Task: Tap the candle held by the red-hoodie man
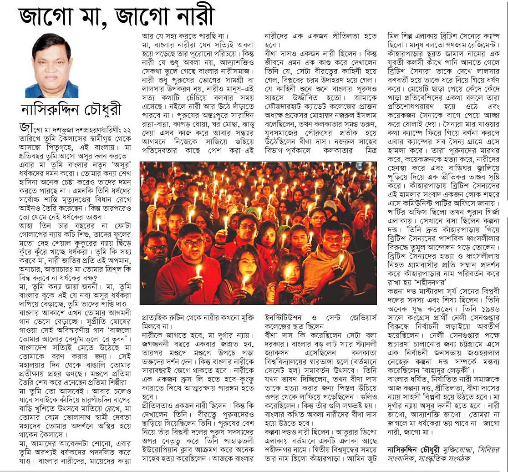(x=198, y=271)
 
